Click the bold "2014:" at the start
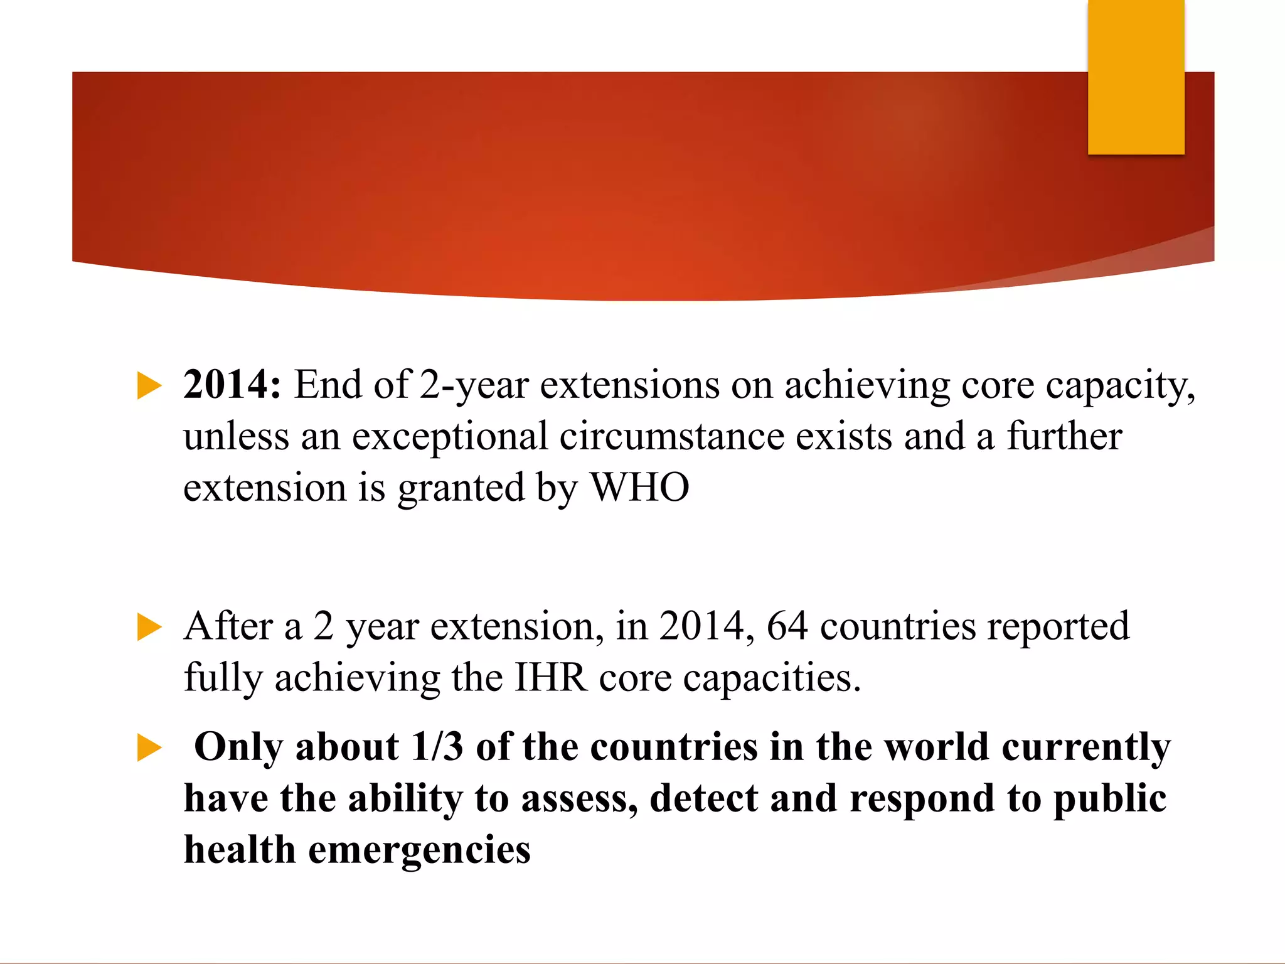(x=232, y=384)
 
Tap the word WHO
(x=640, y=487)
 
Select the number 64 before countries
(x=787, y=626)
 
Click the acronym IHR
(x=551, y=678)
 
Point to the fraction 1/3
(x=437, y=747)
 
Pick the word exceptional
(x=450, y=436)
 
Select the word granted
(x=461, y=488)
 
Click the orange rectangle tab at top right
(x=1136, y=77)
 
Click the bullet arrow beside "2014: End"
(x=149, y=385)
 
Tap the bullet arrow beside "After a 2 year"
(x=149, y=627)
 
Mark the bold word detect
(x=703, y=798)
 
